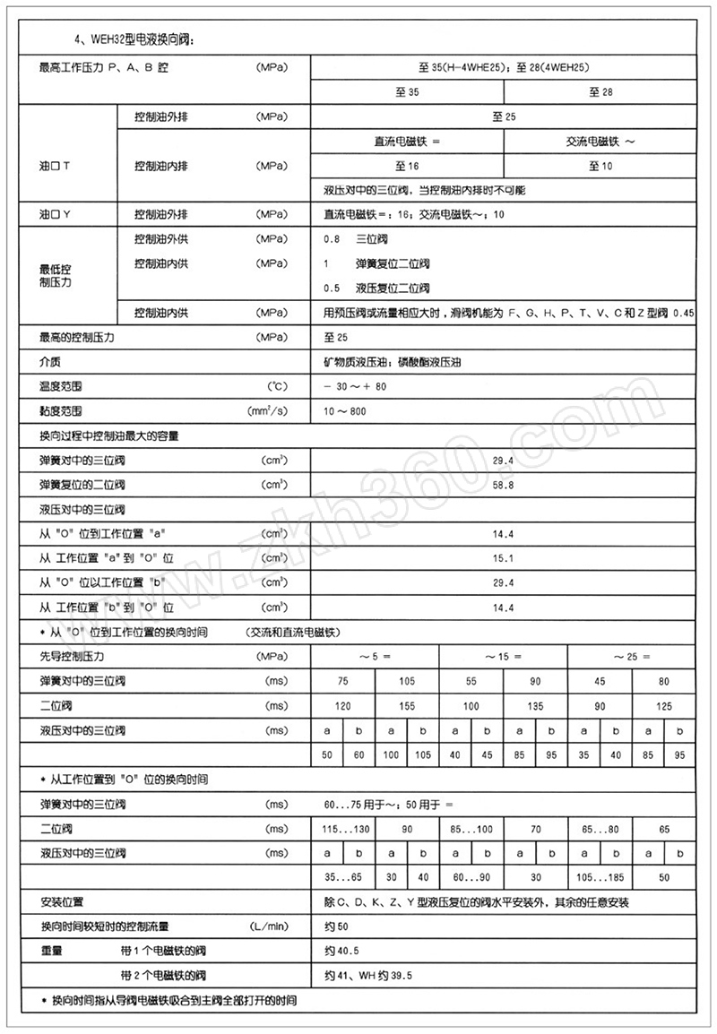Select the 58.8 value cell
click(x=503, y=485)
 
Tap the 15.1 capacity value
click(x=503, y=558)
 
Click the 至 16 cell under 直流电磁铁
click(x=407, y=166)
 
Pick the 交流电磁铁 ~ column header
click(x=600, y=142)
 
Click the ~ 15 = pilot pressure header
click(x=503, y=657)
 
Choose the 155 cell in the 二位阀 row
click(x=407, y=706)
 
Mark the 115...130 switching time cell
click(x=343, y=830)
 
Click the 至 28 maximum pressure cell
click(x=600, y=92)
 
